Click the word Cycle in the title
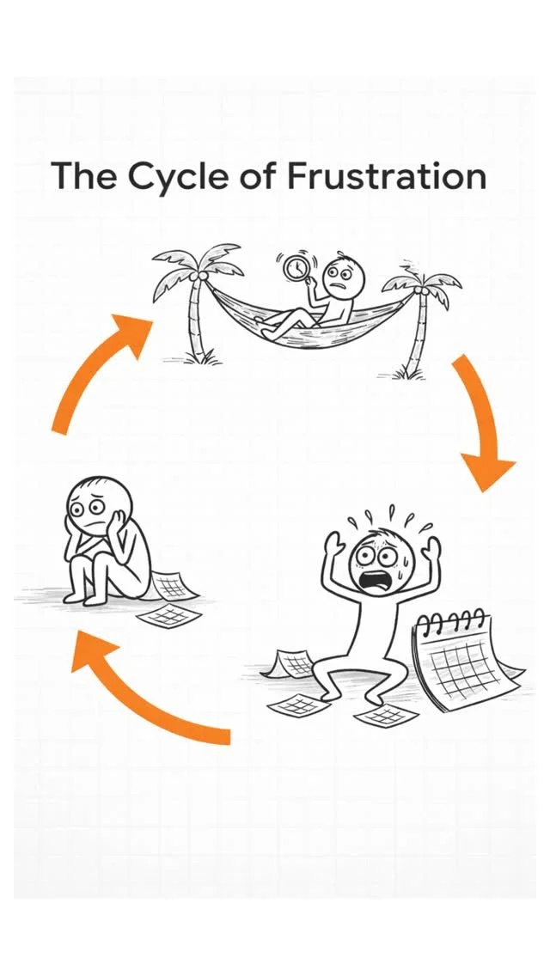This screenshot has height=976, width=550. click(178, 177)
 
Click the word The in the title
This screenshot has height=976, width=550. click(83, 176)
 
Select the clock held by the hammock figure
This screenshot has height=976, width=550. click(296, 269)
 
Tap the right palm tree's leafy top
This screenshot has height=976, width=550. click(422, 284)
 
